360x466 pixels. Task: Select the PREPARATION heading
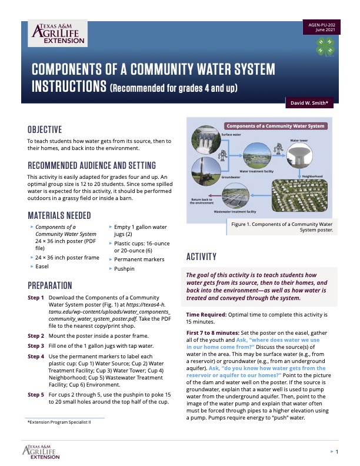50,285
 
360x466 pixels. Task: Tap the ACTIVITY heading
202,257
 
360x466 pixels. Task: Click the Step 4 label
36,357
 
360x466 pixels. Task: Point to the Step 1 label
36,298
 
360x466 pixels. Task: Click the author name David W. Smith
309,103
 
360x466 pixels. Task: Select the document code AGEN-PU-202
322,24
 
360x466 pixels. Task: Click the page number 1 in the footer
336,452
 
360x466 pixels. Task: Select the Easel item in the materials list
43,266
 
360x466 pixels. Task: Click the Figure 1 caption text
281,227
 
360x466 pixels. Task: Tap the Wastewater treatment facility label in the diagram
235,211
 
